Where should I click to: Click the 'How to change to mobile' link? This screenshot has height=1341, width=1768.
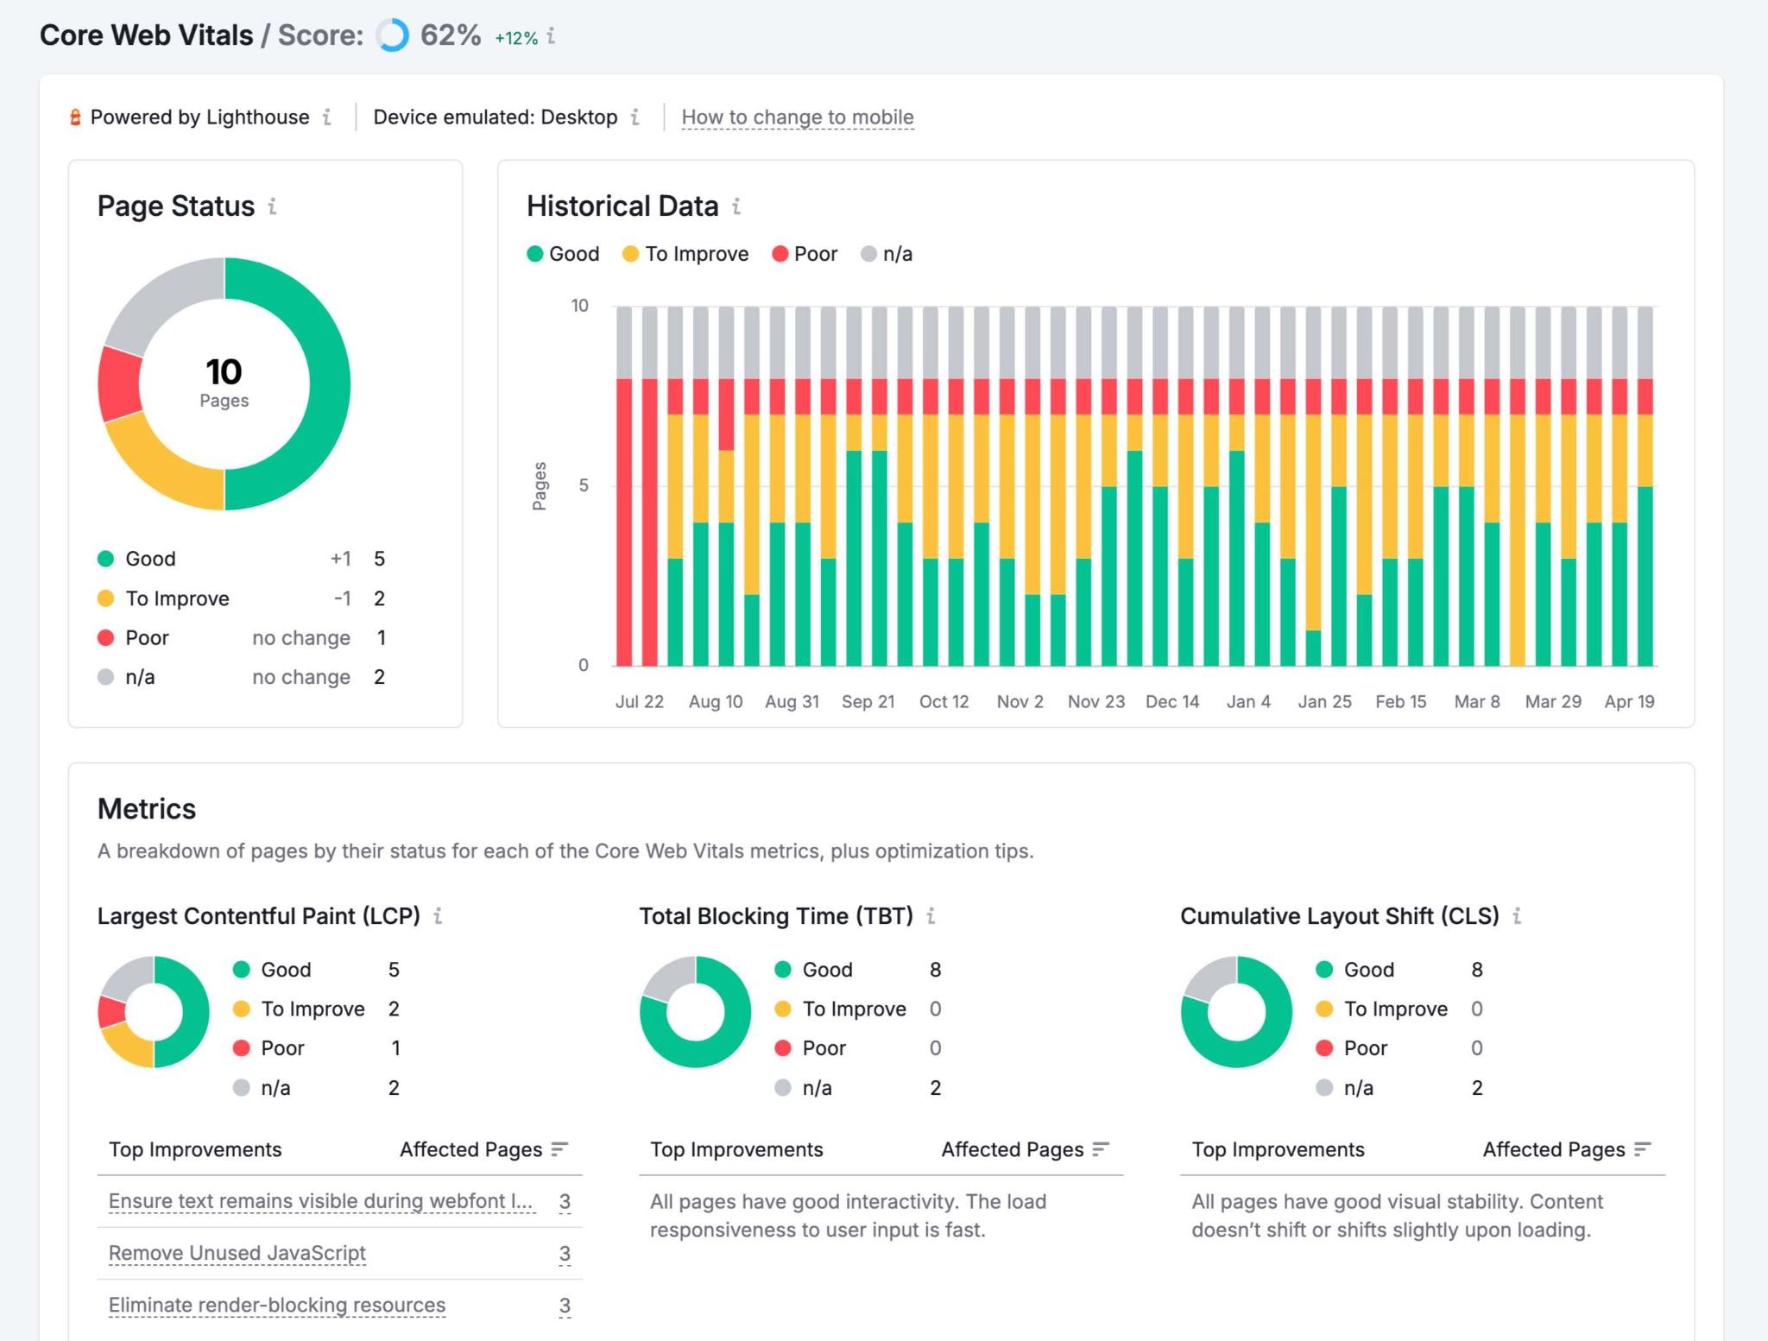point(797,117)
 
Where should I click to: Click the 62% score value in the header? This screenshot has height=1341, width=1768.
point(450,35)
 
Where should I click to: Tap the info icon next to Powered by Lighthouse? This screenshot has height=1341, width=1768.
point(327,117)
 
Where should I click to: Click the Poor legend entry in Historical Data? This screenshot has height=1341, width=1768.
point(805,254)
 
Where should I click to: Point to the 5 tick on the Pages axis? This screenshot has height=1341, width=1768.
point(584,485)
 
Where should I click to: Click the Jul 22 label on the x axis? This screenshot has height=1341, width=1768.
point(639,701)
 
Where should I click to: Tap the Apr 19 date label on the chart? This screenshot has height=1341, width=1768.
point(1629,701)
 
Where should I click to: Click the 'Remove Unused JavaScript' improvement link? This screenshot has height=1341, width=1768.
point(237,1253)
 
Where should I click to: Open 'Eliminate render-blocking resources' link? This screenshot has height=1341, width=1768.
point(277,1305)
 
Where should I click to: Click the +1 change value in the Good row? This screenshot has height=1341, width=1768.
point(340,559)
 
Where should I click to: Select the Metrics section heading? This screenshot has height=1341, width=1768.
point(147,808)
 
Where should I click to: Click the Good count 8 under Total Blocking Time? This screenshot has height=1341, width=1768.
point(935,970)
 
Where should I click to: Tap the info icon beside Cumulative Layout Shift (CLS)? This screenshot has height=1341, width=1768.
point(1517,916)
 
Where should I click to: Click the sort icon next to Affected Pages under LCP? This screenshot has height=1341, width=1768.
point(559,1149)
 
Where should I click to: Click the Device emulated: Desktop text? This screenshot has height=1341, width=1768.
point(495,117)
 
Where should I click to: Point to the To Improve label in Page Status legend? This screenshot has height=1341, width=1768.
point(177,598)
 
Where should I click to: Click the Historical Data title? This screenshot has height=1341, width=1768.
point(622,206)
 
